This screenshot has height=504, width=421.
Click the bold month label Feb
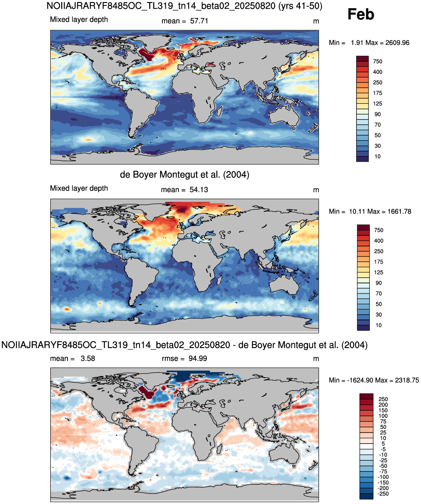[361, 14]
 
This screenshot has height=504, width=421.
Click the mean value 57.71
[199, 21]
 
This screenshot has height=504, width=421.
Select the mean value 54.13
[199, 190]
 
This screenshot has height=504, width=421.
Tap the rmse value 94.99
[198, 358]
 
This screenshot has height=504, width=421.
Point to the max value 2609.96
[397, 43]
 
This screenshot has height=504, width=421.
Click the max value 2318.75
[407, 380]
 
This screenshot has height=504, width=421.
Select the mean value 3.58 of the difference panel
[88, 358]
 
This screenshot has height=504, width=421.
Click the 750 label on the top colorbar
[378, 61]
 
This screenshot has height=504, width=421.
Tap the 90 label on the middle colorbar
[378, 283]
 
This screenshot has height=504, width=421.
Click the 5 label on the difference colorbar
[383, 444]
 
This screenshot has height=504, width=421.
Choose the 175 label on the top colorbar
[378, 93]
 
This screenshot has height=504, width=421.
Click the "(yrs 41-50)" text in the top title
[300, 6]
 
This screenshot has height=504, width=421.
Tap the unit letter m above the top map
[316, 21]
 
